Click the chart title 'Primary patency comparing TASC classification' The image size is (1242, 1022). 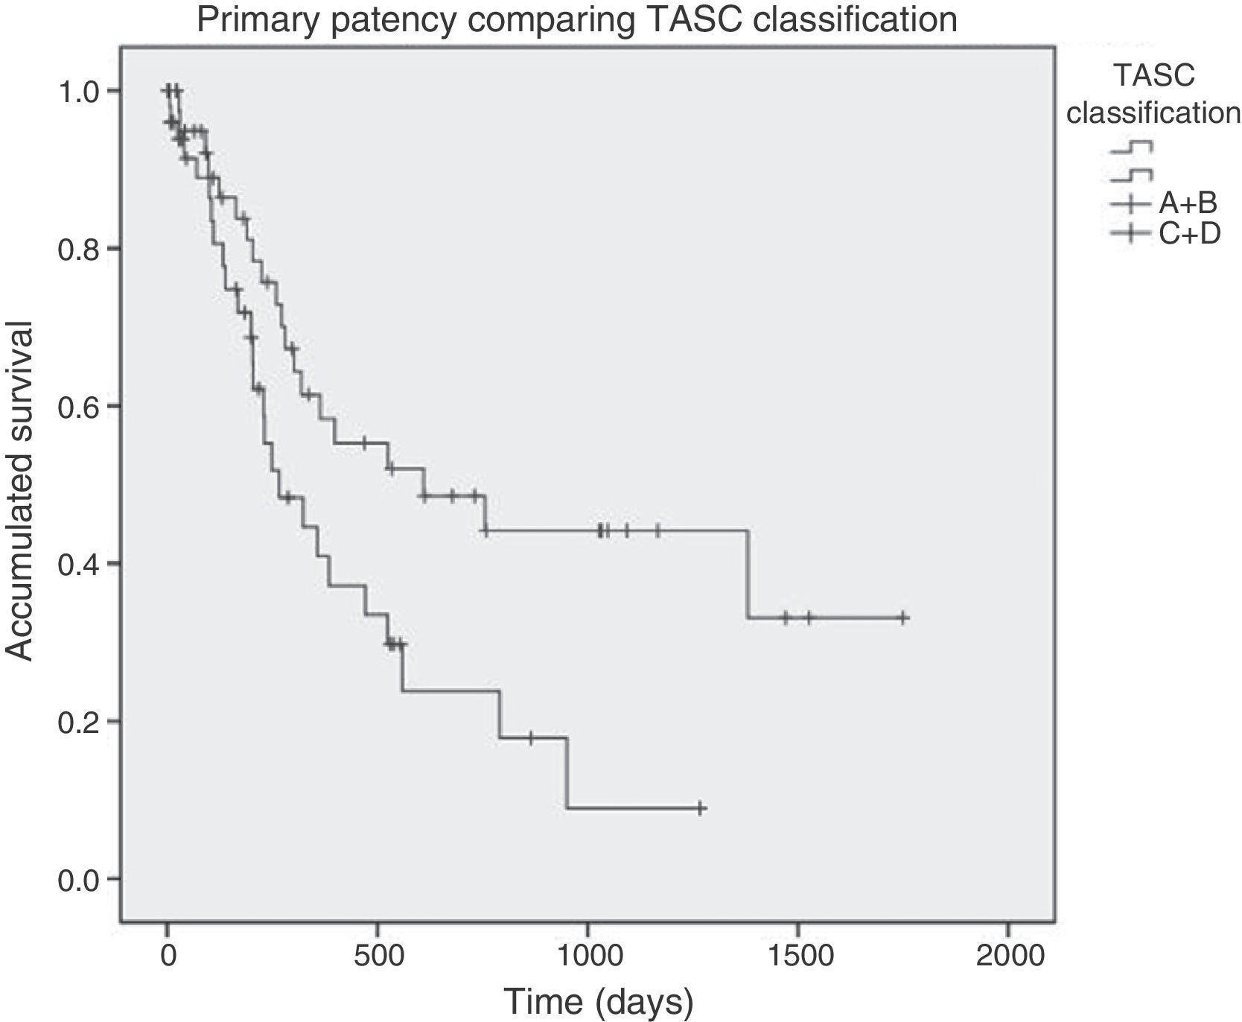click(x=577, y=19)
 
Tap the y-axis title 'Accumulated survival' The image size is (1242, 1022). click(x=20, y=491)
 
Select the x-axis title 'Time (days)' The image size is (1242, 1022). click(x=598, y=1001)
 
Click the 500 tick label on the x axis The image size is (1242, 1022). click(x=378, y=956)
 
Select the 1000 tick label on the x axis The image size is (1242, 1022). click(x=587, y=956)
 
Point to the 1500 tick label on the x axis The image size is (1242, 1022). click(x=798, y=956)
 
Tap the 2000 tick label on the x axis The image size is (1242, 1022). click(x=1008, y=956)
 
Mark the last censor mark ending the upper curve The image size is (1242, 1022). click(x=903, y=618)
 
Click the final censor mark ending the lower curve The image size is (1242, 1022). click(x=701, y=808)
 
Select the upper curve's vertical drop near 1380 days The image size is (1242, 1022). click(x=748, y=574)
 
